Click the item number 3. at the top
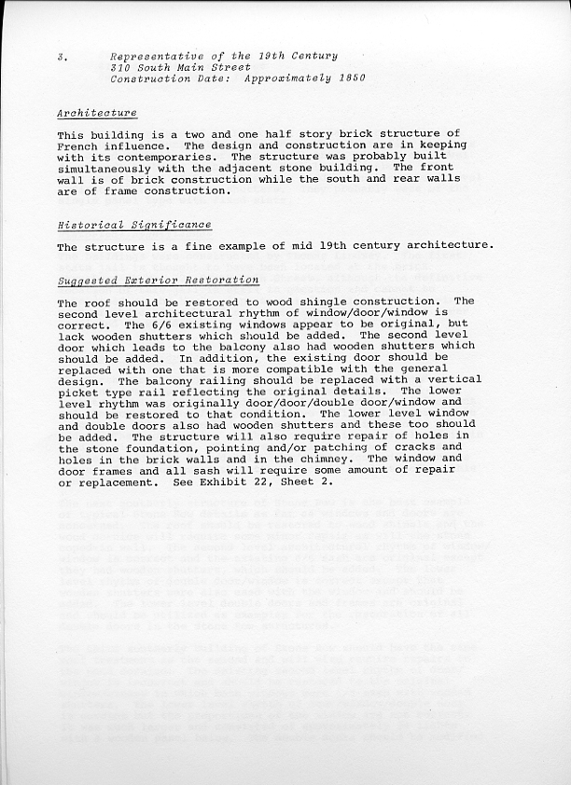click(60, 57)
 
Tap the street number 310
click(119, 68)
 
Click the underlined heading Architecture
click(97, 113)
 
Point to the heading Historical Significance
click(134, 225)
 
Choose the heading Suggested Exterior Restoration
click(158, 280)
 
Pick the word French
click(77, 146)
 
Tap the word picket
click(77, 392)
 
